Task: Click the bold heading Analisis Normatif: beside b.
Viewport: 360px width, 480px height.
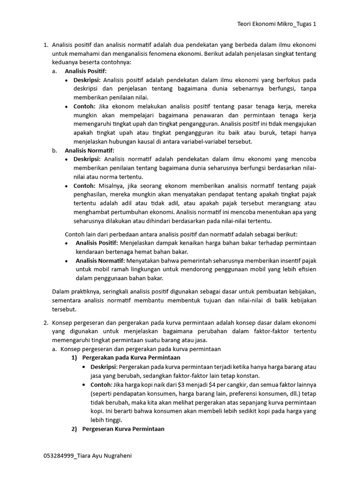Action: (x=89, y=150)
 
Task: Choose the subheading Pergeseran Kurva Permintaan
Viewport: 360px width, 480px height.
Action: (x=123, y=429)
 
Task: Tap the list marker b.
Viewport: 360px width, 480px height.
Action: (x=54, y=150)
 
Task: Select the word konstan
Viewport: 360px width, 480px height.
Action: (x=243, y=376)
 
